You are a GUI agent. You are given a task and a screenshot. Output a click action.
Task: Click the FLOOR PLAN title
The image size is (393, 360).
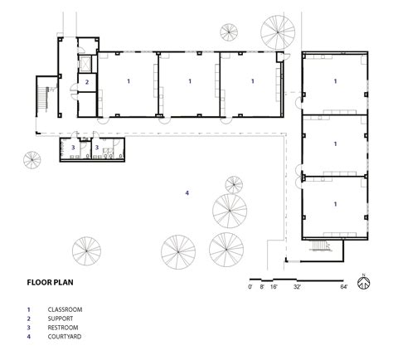click(x=52, y=281)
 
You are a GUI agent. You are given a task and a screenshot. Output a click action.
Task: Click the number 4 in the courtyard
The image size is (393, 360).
click(x=187, y=192)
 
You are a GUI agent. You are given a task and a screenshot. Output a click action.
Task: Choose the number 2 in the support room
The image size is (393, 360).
click(x=86, y=82)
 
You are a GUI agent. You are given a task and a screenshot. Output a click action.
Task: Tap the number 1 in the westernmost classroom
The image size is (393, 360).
click(x=128, y=81)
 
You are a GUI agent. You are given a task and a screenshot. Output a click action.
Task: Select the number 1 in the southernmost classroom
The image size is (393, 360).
click(x=336, y=203)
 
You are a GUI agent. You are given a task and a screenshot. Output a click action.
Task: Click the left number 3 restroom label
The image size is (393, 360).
click(x=74, y=147)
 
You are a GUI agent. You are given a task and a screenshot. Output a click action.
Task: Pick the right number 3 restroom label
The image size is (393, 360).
click(x=98, y=147)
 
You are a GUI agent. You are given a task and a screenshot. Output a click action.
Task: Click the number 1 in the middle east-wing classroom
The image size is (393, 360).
click(x=336, y=144)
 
